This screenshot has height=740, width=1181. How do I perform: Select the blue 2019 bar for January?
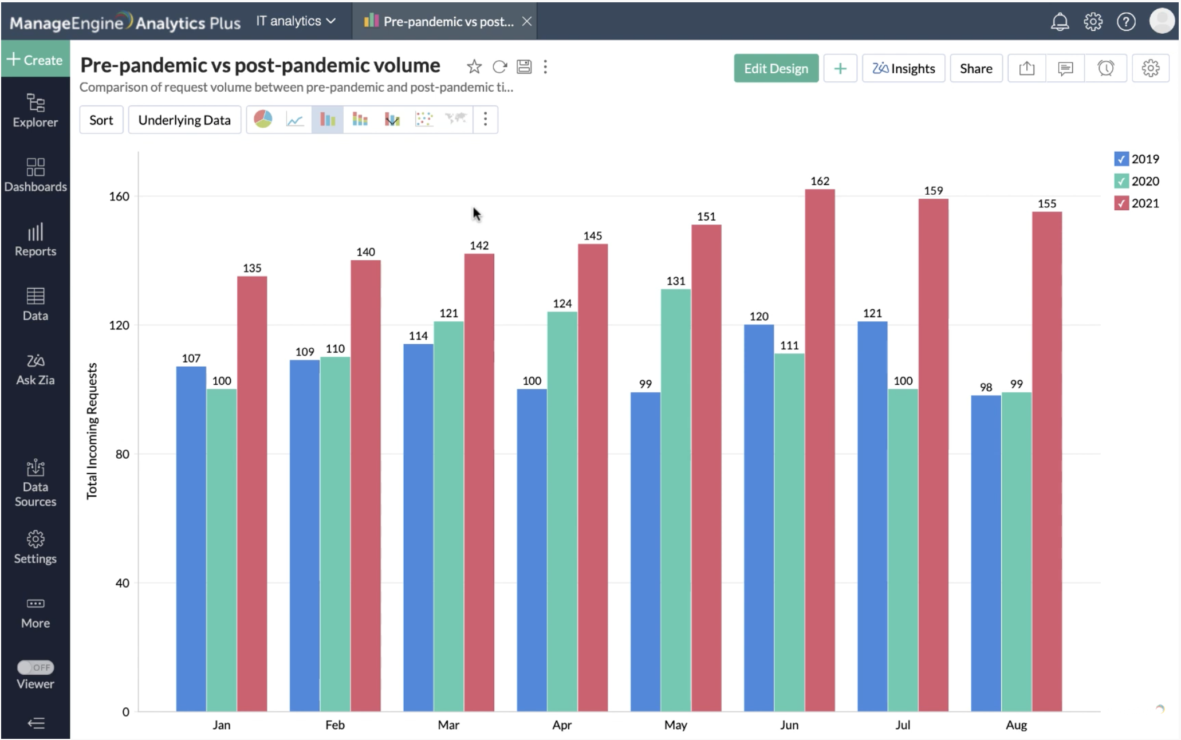(x=191, y=538)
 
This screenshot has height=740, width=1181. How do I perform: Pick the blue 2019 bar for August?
(x=986, y=553)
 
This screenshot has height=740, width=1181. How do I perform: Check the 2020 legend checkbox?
(x=1121, y=182)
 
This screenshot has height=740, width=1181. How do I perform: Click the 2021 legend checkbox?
(x=1121, y=203)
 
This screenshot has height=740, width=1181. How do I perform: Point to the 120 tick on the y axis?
(x=119, y=325)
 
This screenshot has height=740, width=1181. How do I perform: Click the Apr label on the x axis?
(x=562, y=725)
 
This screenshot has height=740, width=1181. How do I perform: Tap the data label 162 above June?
(x=820, y=181)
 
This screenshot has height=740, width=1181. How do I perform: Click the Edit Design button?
(x=775, y=69)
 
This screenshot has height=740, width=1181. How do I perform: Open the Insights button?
(x=903, y=69)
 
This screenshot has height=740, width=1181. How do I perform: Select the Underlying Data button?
(x=184, y=120)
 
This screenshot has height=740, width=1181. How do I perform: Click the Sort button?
(x=101, y=120)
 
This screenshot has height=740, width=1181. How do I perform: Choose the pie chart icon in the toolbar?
(x=263, y=119)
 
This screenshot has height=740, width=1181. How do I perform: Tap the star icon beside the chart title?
(x=474, y=67)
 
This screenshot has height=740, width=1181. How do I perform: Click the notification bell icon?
(x=1060, y=22)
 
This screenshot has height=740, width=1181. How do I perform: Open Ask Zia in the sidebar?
(x=36, y=369)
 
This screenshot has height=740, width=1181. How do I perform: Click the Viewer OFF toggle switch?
(x=36, y=667)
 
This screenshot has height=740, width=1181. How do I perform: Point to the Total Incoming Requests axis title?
(x=92, y=431)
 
